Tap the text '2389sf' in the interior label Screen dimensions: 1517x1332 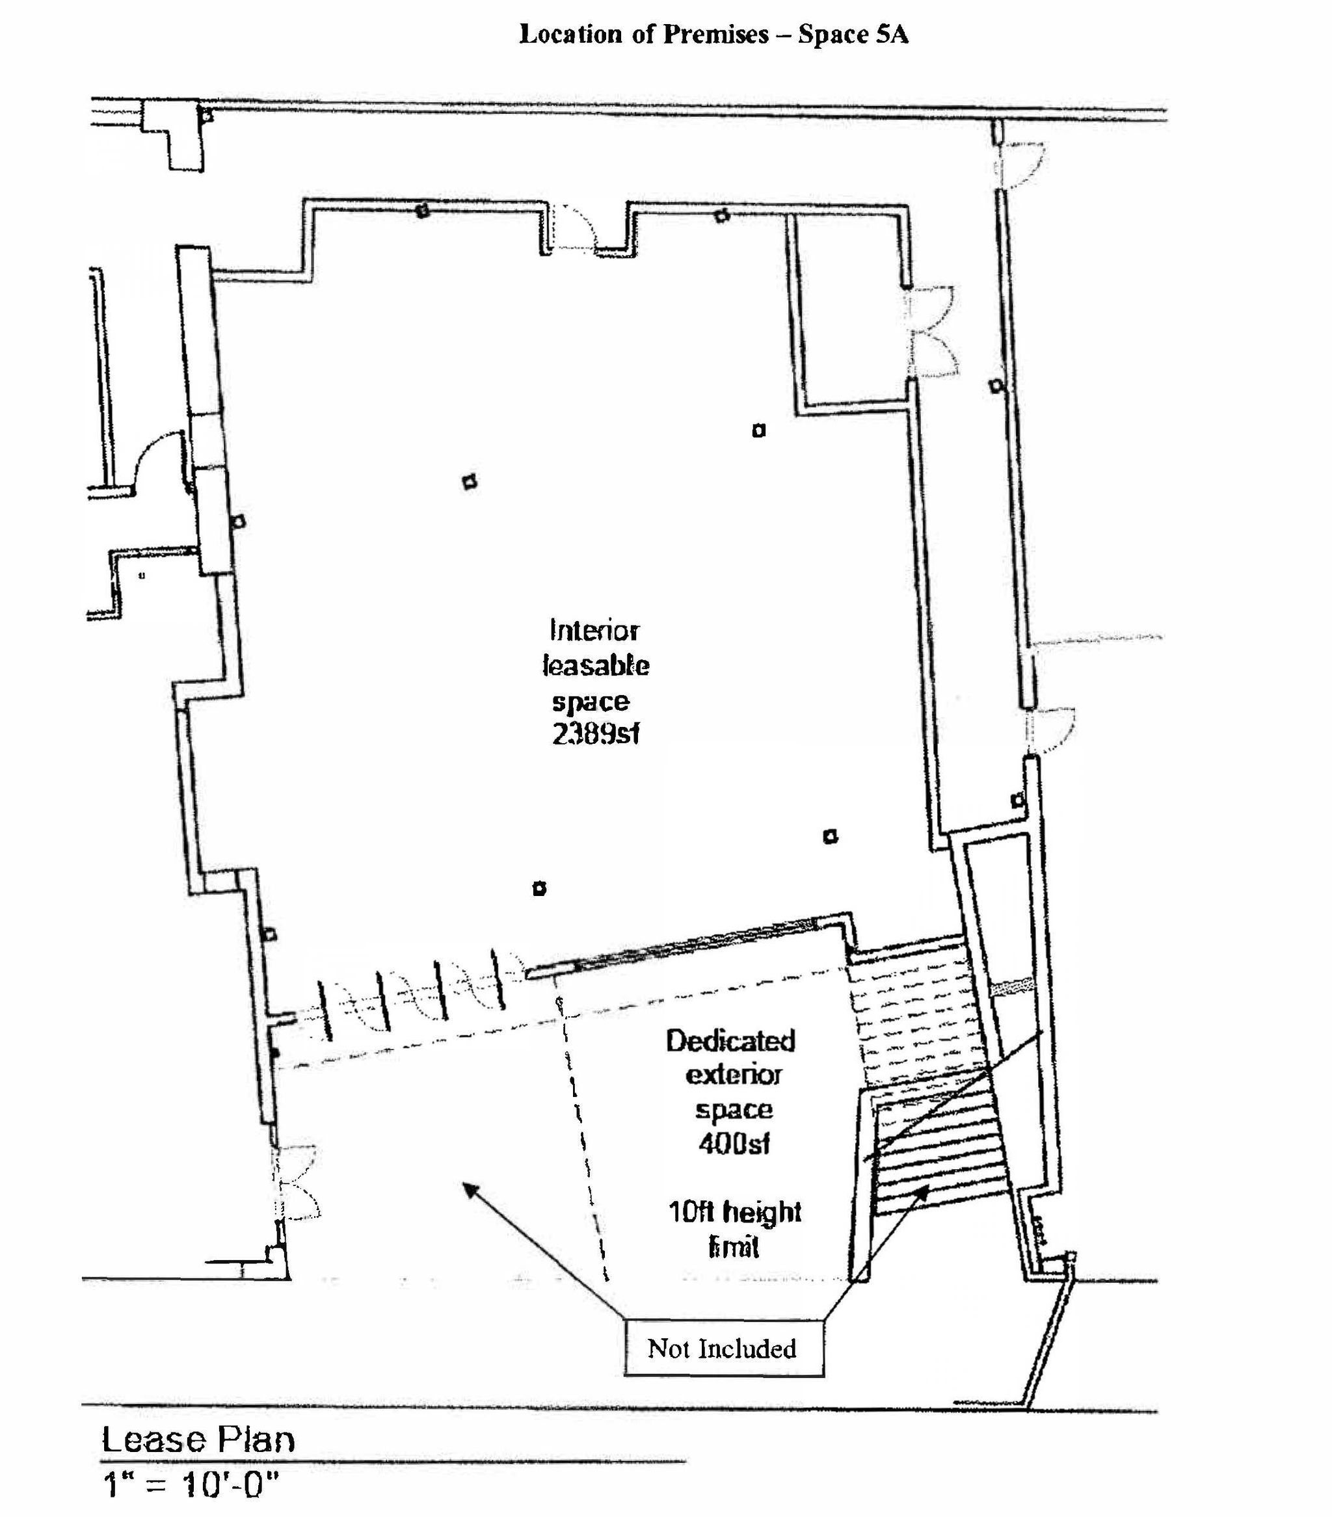tap(596, 734)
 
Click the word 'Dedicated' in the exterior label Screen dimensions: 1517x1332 tap(730, 1040)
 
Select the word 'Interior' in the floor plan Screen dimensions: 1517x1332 tap(594, 630)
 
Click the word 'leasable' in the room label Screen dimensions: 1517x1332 tap(596, 666)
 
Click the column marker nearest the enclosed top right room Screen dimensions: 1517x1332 tap(758, 430)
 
